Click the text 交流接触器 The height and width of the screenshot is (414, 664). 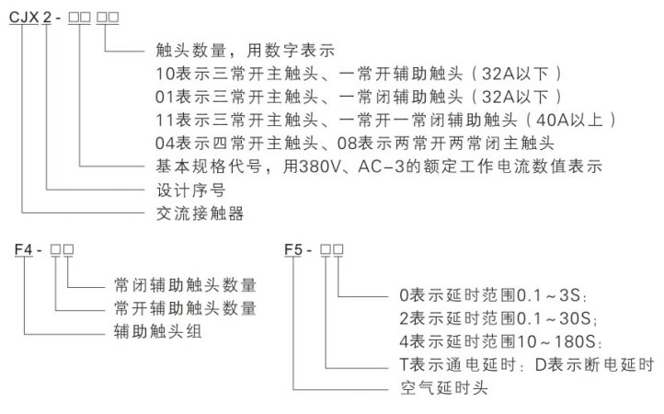click(x=200, y=213)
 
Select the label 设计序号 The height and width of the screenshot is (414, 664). click(x=191, y=190)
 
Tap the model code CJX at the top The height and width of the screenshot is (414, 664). click(x=24, y=17)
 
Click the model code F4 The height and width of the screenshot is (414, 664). click(x=23, y=249)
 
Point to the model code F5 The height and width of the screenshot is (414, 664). click(x=293, y=249)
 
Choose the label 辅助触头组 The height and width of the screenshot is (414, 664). click(x=157, y=331)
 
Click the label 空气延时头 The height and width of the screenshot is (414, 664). click(x=444, y=387)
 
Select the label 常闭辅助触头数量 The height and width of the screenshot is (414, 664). click(x=185, y=285)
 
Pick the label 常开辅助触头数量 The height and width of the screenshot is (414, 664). click(x=185, y=308)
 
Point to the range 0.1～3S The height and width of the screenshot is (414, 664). click(x=549, y=295)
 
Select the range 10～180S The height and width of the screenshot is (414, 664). click(x=556, y=341)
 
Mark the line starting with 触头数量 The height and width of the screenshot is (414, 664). click(x=246, y=51)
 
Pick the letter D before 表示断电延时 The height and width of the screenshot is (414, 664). click(x=541, y=364)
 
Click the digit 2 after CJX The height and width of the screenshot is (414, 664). click(x=47, y=17)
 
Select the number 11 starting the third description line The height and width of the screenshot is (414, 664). click(x=165, y=120)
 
